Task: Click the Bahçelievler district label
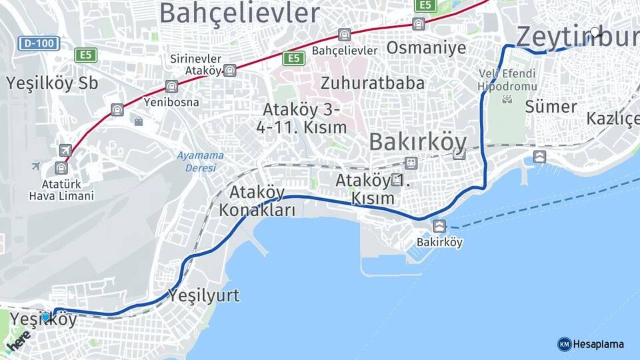[239, 13]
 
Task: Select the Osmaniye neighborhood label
[426, 48]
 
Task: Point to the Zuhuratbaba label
[372, 83]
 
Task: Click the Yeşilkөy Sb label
[52, 83]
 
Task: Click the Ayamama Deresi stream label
[200, 161]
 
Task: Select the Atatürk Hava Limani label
[61, 189]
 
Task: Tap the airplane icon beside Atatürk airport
[35, 166]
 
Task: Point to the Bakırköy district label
[417, 141]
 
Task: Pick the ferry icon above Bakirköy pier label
[439, 226]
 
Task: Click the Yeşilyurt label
[204, 295]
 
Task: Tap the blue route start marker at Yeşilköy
[45, 317]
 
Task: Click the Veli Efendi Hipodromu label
[507, 79]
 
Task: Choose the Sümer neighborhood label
[551, 107]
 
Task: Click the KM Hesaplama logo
[591, 344]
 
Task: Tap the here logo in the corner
[17, 343]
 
